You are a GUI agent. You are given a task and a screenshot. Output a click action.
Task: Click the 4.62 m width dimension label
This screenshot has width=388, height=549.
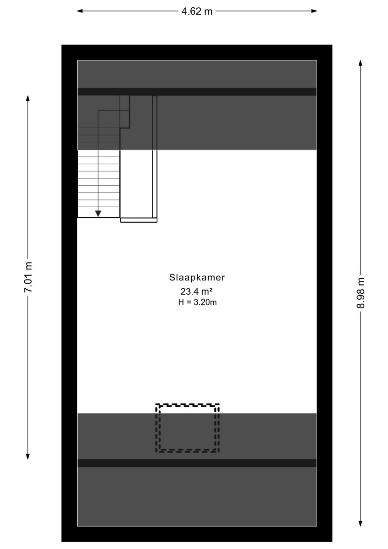tap(197, 11)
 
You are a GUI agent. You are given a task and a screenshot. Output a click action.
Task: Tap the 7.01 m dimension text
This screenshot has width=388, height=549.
tap(28, 277)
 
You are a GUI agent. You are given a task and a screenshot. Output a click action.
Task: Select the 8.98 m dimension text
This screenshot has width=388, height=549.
tap(361, 293)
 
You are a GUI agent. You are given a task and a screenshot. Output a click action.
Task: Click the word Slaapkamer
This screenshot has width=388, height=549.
tap(197, 277)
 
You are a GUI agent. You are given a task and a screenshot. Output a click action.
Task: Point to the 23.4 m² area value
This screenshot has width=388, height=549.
tap(196, 291)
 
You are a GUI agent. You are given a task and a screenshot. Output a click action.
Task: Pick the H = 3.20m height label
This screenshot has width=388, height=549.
tap(197, 302)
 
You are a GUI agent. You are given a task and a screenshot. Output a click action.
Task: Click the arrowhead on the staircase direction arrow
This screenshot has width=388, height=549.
tap(98, 214)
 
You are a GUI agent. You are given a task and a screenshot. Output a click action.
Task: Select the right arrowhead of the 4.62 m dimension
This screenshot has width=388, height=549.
tap(314, 11)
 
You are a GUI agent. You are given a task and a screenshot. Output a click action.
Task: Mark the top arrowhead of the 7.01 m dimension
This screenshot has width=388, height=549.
tap(28, 98)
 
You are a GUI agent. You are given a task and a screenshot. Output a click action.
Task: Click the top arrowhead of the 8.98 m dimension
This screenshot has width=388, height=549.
tap(360, 63)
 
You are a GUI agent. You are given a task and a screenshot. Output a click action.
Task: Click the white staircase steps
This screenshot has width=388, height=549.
tap(98, 183)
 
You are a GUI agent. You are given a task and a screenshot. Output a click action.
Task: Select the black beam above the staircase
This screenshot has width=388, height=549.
tap(197, 91)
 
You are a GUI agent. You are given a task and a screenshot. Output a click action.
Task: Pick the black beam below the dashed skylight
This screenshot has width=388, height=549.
tap(197, 463)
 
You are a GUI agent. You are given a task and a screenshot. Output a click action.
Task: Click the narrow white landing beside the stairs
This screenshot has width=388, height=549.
tap(136, 184)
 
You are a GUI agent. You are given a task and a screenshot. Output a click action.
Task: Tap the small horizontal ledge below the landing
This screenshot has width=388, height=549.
tap(139, 221)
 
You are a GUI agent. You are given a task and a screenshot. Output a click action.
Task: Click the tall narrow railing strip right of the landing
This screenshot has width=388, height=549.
tap(155, 157)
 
